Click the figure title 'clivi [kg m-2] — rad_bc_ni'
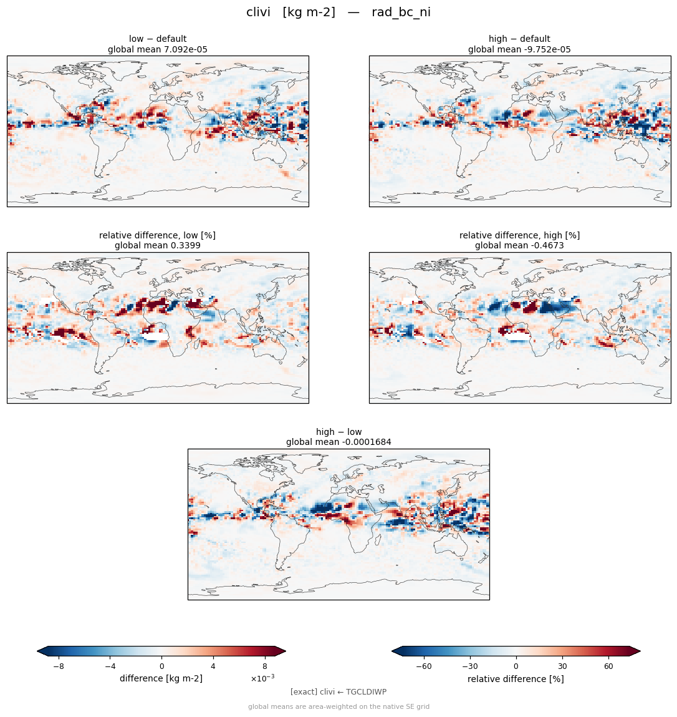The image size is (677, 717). [x=338, y=12]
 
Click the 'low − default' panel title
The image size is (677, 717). [x=158, y=39]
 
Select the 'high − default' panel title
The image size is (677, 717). [x=519, y=39]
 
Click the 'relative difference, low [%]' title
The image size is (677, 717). [x=157, y=235]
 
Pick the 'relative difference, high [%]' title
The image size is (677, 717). [x=519, y=235]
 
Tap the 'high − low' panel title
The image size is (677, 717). [x=338, y=432]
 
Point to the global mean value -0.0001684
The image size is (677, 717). [x=364, y=442]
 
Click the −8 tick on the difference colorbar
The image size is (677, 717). [x=59, y=666]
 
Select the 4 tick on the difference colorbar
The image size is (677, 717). [x=213, y=666]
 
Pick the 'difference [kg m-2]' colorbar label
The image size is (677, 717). [x=161, y=678]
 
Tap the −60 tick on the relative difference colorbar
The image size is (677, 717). [x=423, y=666]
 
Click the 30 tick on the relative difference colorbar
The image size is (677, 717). [x=562, y=666]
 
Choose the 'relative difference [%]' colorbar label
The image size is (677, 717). [x=516, y=679]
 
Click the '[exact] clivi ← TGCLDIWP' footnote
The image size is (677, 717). [x=338, y=692]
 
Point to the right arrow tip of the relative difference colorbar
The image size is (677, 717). [x=640, y=651]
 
